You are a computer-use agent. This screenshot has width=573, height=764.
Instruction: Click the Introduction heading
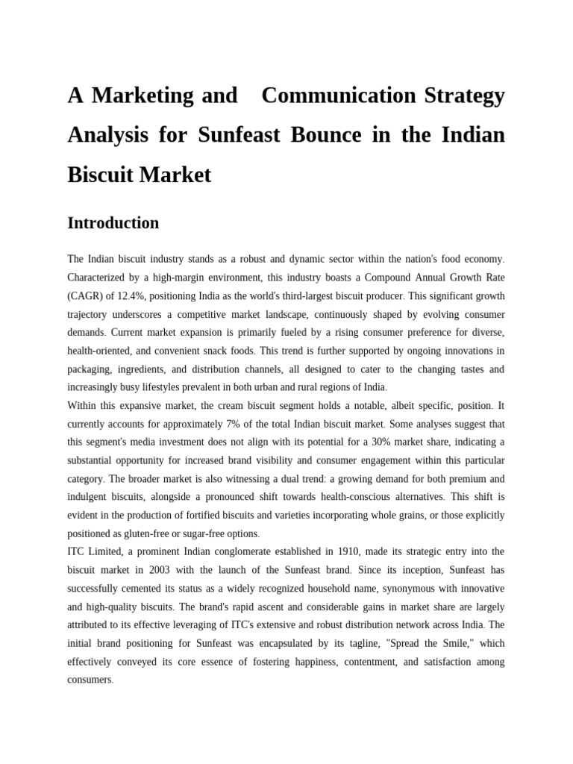click(113, 223)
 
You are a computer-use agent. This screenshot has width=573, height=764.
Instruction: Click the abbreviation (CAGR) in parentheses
click(86, 296)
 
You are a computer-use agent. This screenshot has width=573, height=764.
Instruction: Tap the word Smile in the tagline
click(457, 644)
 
